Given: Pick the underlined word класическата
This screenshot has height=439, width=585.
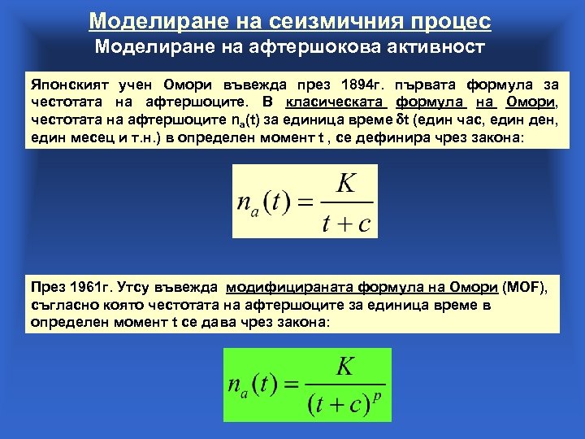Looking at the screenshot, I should click(335, 102).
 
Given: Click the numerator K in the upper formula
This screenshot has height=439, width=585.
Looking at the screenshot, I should click(345, 182).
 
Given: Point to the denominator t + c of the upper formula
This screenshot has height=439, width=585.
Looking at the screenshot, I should click(345, 222).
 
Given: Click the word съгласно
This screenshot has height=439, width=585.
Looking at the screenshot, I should click(64, 305).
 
